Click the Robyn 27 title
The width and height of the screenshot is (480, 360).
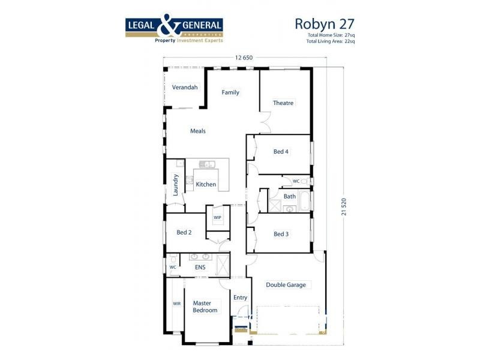coord(324,24)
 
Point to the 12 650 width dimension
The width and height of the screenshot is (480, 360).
coord(244,58)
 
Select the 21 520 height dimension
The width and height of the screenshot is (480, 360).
coord(344,205)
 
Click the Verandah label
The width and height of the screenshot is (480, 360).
coord(185,88)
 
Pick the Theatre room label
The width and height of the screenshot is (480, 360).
coord(283,103)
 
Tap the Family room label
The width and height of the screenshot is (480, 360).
coord(230,92)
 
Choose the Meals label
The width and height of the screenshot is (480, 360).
coord(198,131)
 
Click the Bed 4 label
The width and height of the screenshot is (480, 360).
coord(281,152)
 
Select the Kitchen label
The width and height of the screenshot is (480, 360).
coord(206,185)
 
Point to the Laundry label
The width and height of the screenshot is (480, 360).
coord(176,185)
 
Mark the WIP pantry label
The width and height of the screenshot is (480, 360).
coord(217,217)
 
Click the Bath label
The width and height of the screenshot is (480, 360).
coord(290,196)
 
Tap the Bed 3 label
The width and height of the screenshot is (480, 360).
coord(281,234)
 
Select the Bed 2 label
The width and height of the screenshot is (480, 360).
coord(184,232)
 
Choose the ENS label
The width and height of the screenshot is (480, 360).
coord(200,268)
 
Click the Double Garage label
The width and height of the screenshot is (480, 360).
coord(286,285)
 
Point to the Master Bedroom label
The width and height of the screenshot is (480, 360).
coord(205,307)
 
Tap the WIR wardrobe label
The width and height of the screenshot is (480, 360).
coord(177,304)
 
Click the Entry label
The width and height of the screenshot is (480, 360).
coord(240,298)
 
